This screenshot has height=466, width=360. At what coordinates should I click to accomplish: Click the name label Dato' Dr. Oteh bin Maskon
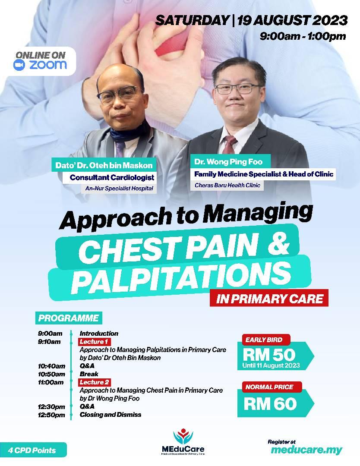(104, 165)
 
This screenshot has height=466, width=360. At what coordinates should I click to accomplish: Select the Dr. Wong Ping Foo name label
(228, 162)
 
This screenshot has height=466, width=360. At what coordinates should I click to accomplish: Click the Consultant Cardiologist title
(112, 177)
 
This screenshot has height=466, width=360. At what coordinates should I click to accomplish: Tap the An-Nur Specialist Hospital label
(119, 189)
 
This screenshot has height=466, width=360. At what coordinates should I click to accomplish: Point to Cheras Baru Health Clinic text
(227, 185)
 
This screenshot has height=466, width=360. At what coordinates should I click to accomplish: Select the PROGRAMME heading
(68, 318)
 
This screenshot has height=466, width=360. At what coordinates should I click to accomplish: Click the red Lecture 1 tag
(94, 342)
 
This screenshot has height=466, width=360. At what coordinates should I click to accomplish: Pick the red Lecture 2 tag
(94, 382)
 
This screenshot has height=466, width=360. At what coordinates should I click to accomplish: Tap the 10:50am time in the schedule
(51, 374)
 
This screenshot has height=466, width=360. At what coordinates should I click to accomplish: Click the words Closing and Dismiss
(111, 415)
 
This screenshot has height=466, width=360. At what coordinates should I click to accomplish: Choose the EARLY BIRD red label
(264, 340)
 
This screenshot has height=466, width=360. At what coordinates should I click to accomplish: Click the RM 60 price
(270, 404)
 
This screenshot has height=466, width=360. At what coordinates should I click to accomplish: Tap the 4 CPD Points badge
(32, 450)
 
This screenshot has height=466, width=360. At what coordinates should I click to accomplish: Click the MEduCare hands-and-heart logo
(183, 437)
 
